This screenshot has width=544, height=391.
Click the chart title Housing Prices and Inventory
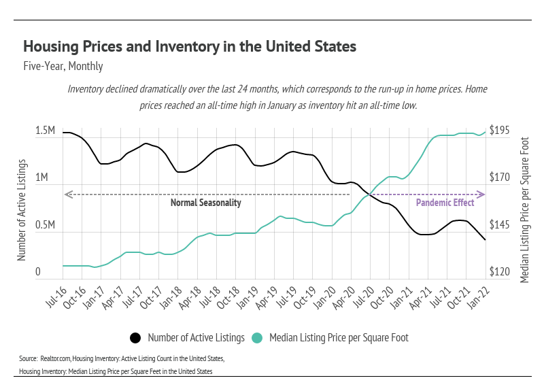pos(190,47)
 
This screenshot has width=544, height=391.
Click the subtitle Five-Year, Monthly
pos(63,67)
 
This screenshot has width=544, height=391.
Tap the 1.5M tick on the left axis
pos(45,131)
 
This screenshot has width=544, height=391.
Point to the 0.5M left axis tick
pos(45,225)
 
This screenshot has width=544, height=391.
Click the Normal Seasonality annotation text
pos(205,203)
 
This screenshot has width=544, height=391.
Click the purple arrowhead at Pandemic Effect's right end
pos(481,195)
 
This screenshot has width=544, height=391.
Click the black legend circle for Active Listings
pos(135,337)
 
